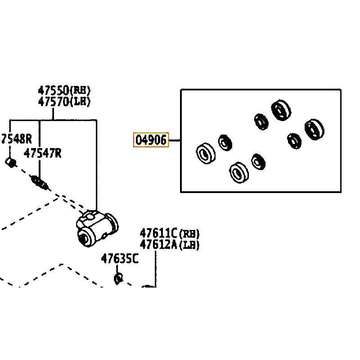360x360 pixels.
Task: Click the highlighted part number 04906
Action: tap(152, 140)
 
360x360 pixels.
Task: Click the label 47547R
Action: tap(43, 153)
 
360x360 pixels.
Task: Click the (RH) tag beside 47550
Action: tap(81, 90)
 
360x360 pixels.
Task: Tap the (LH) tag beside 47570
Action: tap(81, 102)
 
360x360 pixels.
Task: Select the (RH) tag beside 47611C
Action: tap(189, 234)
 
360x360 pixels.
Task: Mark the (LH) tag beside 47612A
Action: tap(189, 245)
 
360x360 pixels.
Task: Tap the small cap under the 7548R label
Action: tap(10, 162)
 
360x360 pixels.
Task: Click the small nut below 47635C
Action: tap(118, 279)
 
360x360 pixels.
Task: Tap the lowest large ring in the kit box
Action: tap(238, 172)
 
